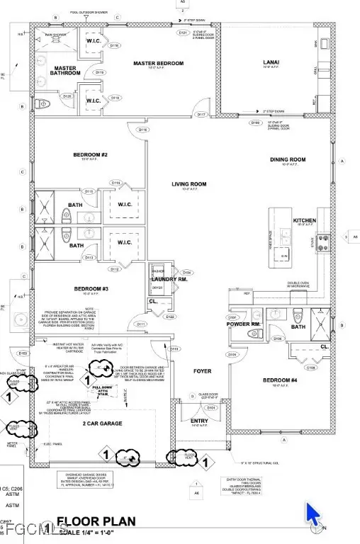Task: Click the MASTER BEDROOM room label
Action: pyautogui.click(x=159, y=64)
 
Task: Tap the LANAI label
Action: pyautogui.click(x=271, y=62)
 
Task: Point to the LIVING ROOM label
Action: pyautogui.click(x=189, y=184)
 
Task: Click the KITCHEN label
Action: pyautogui.click(x=305, y=220)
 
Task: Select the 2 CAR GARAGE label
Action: pyautogui.click(x=102, y=424)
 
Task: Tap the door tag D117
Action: pyautogui.click(x=202, y=114)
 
